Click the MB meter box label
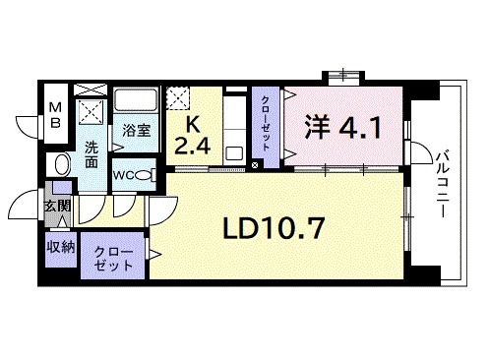click(x=56, y=115)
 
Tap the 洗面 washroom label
click(x=91, y=153)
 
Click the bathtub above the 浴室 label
click(x=135, y=101)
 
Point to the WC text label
click(x=124, y=175)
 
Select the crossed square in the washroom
click(x=92, y=109)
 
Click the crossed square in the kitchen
click(x=179, y=98)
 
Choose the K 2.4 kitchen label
click(x=191, y=137)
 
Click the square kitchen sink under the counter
click(x=235, y=152)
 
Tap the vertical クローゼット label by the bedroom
click(x=267, y=122)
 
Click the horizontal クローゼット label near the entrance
click(x=111, y=260)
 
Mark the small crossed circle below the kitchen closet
click(x=256, y=164)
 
